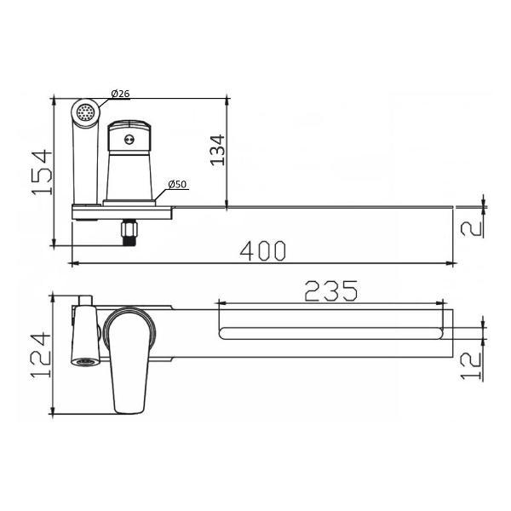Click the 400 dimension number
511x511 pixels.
262,250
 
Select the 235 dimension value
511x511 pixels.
330,290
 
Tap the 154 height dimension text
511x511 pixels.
42,172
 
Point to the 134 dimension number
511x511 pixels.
218,150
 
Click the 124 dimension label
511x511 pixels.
41,355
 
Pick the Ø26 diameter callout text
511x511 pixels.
120,94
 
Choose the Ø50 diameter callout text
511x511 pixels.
178,185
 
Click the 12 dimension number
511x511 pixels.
471,365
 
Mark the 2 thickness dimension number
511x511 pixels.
471,225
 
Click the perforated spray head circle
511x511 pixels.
85,112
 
